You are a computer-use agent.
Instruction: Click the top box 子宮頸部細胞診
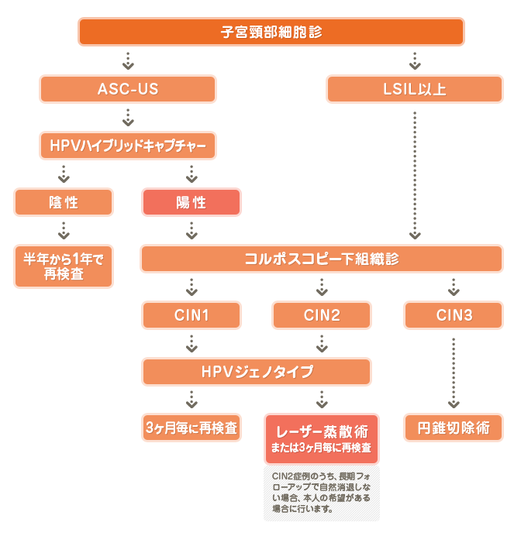click(271, 32)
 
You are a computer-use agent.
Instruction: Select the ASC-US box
click(128, 89)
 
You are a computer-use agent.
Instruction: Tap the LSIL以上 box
click(415, 89)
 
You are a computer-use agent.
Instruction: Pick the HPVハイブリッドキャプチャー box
click(128, 146)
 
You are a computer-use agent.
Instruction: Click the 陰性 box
click(64, 202)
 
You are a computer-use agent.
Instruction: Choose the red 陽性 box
click(191, 202)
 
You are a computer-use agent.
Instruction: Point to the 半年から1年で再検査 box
click(64, 266)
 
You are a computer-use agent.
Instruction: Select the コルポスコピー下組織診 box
click(322, 259)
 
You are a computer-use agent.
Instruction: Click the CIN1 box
click(191, 315)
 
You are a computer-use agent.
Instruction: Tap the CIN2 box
click(321, 315)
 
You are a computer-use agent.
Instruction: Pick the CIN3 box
click(453, 315)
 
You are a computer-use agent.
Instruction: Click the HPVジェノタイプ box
click(257, 372)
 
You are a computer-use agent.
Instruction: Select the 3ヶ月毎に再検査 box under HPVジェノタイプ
click(191, 428)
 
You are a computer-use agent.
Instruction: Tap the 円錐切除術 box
click(453, 428)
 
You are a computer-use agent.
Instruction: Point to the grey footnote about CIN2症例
click(321, 493)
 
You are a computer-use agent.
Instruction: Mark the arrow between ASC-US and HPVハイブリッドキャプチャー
click(128, 118)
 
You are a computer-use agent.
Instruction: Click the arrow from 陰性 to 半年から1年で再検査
click(64, 230)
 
